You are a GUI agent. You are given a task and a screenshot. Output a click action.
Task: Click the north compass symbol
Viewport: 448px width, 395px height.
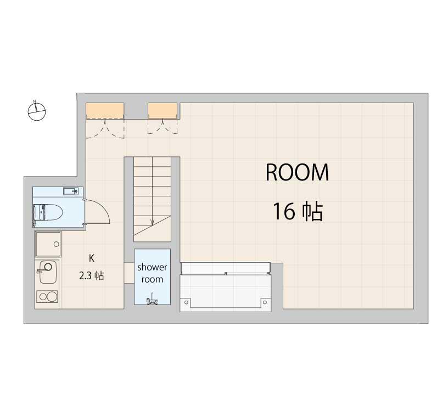[37, 111]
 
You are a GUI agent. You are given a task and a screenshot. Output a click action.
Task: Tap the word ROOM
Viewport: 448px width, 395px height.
[297, 172]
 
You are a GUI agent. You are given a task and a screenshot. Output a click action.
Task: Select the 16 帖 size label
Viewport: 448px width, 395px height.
[298, 211]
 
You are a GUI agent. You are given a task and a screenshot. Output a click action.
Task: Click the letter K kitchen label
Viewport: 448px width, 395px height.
[92, 258]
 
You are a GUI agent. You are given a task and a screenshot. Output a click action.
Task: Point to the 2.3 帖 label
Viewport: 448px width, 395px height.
[92, 276]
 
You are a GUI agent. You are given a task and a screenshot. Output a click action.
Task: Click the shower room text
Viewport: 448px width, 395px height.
[152, 273]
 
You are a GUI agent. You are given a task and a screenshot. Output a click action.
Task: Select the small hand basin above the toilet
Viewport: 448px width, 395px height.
[71, 191]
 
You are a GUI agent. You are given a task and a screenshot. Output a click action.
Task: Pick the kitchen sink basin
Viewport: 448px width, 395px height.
[47, 272]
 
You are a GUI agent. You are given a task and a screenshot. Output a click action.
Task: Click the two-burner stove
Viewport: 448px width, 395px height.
[47, 297]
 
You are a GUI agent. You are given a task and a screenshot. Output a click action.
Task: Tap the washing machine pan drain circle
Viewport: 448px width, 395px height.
[57, 244]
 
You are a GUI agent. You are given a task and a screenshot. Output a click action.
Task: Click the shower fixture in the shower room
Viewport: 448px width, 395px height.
[152, 298]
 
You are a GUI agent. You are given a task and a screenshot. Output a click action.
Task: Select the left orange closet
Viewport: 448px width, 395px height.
[105, 110]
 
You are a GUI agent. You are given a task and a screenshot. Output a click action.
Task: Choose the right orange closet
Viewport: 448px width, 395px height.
[163, 110]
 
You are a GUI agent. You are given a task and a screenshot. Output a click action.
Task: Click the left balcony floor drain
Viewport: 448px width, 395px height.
[187, 302]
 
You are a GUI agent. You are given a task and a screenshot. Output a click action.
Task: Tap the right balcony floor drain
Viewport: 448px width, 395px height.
[265, 302]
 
